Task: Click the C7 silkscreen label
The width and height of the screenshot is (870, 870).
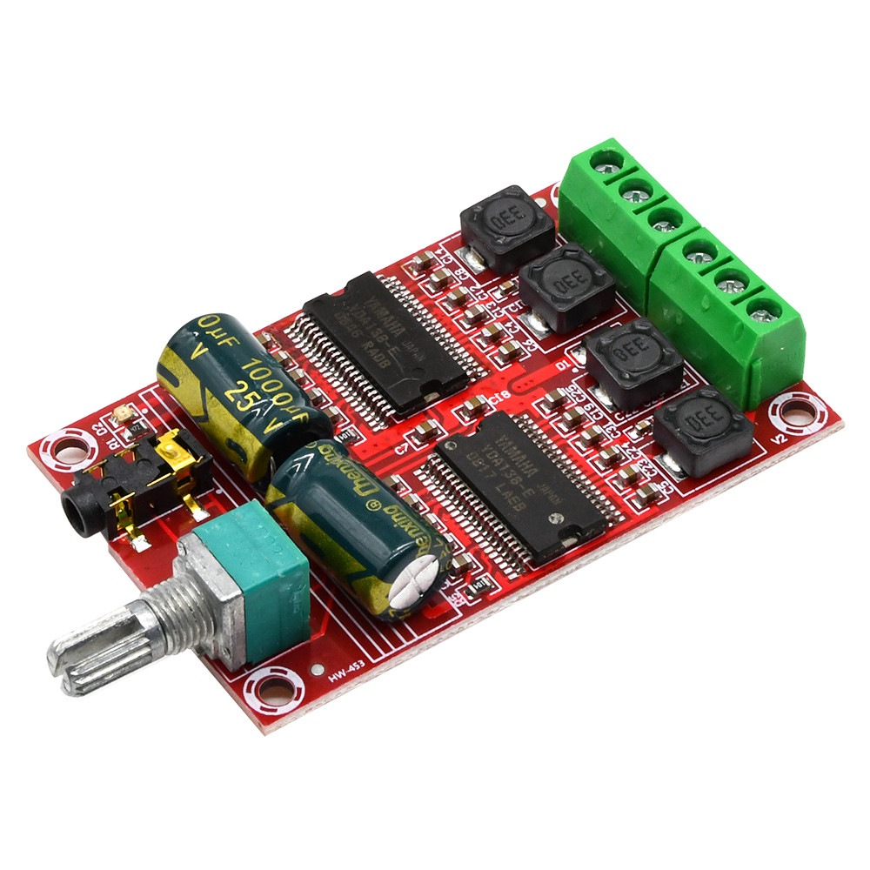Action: coord(403,449)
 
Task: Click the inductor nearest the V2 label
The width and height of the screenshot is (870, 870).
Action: coord(702,431)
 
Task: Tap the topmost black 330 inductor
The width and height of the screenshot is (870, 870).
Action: coord(506,225)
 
